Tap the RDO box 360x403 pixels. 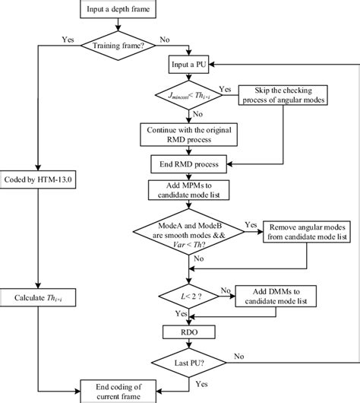coord(180,331)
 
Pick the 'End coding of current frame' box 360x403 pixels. coord(118,390)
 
